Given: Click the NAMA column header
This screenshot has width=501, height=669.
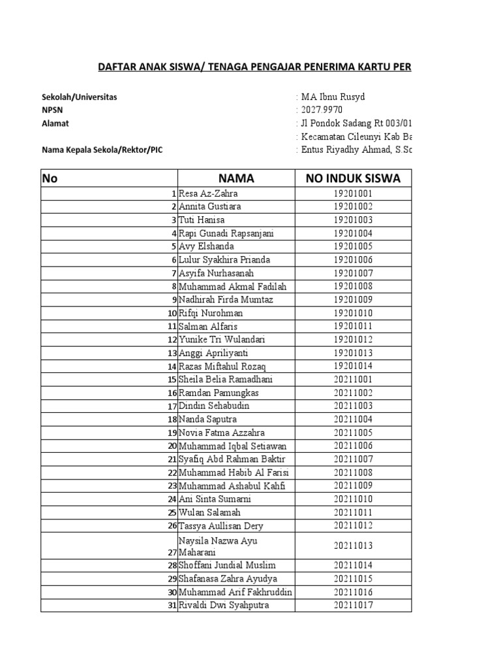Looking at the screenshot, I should pos(236,178).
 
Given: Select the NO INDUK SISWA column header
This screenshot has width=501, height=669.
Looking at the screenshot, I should pos(353,178).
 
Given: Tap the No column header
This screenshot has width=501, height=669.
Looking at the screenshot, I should pos(50,178).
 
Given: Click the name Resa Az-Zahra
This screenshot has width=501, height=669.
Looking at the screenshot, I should pos(208,193).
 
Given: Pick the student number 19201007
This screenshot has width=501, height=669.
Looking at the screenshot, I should pos(353,273).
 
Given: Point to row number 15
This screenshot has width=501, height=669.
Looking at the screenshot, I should pos(172,380).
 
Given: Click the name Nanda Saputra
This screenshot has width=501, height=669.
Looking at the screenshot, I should pos(207,419).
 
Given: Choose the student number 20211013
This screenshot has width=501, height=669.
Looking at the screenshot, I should pos(353,546).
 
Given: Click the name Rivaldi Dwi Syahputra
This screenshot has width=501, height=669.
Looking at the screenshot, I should pos(224,606).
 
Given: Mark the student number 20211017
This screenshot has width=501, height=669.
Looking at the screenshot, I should pos(353,606).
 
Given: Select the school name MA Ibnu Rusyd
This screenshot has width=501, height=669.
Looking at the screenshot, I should pos(333,97).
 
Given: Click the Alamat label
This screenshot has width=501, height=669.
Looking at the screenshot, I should pos(55,123).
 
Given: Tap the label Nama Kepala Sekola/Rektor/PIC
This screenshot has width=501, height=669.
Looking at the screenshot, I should pos(102,150).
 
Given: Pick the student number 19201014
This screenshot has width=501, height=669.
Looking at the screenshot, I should pos(353,366).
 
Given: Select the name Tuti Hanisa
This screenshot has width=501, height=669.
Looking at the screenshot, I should pos(202,220).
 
